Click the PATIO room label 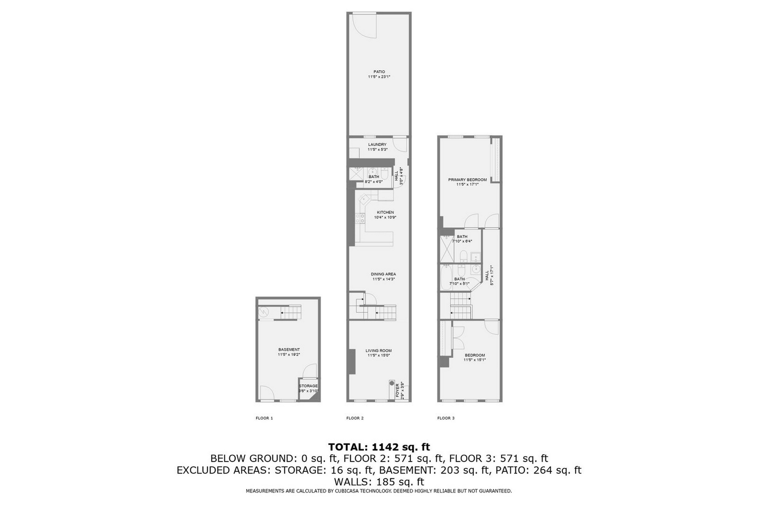[x=379, y=72]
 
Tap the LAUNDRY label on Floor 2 [x=377, y=145]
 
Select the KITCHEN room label [x=385, y=212]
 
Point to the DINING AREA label [x=383, y=274]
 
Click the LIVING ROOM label [x=378, y=351]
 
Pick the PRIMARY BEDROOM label [x=467, y=180]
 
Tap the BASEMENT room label [x=289, y=349]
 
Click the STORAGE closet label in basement [x=308, y=386]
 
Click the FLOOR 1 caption [x=264, y=418]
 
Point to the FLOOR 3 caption [x=446, y=418]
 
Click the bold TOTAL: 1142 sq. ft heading [x=379, y=447]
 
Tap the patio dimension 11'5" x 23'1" [x=379, y=77]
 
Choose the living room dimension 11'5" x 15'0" [x=378, y=356]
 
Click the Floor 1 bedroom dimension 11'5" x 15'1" [x=474, y=360]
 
